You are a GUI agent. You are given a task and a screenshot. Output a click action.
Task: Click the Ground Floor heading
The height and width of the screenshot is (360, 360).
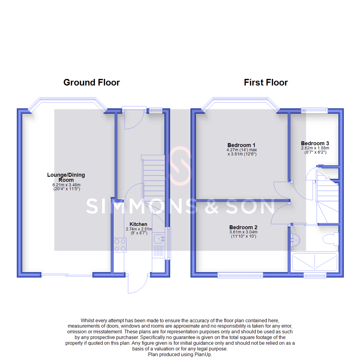pos(91,82)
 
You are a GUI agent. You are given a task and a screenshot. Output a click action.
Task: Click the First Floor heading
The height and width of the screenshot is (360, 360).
pos(266,82)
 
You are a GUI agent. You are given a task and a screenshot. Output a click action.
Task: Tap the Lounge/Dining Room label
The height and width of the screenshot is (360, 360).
pos(66,177)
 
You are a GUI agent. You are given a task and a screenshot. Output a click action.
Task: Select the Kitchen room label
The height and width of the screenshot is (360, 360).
pos(139,224)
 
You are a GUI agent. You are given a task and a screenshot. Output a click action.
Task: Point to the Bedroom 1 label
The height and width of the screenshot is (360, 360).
pos(241,145)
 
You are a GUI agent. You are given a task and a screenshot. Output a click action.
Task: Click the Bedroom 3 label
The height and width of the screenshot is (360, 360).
pos(315,143)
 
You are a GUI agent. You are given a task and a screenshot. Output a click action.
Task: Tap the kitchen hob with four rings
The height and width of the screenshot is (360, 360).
pos(120,245)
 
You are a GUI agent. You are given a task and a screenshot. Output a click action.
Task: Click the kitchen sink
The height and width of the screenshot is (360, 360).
pos(159,238)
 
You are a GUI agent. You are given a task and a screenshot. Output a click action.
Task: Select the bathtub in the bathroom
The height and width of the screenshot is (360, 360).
pos(314,262)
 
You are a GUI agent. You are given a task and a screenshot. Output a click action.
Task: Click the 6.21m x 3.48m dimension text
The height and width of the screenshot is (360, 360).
pos(67,185)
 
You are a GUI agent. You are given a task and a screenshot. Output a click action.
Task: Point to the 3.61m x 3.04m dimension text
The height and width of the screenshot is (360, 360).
pos(243,232)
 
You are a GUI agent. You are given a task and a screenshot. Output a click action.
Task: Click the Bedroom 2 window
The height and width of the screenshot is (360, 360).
pos(240,275)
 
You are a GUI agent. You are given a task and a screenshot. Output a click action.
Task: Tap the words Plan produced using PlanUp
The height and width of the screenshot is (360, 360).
pos(180,355)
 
